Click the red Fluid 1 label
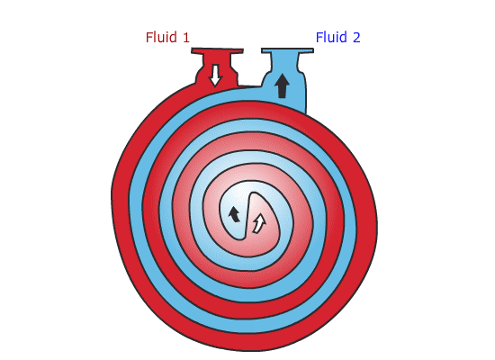click(167, 37)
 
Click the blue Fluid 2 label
click(337, 37)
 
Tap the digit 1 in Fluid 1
click(186, 38)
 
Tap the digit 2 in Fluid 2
click(356, 38)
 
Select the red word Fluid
click(161, 37)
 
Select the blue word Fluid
click(331, 37)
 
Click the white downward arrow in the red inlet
click(215, 76)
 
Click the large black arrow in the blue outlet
click(282, 85)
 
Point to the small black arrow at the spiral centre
click(234, 214)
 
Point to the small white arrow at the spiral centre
click(259, 223)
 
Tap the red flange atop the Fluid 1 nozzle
click(217, 50)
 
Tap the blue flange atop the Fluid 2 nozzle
click(287, 50)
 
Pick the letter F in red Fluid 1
click(149, 38)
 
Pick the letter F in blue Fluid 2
click(319, 38)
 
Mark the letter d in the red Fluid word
click(173, 38)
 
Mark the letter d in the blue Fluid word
click(343, 38)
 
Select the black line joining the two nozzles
click(249, 85)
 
